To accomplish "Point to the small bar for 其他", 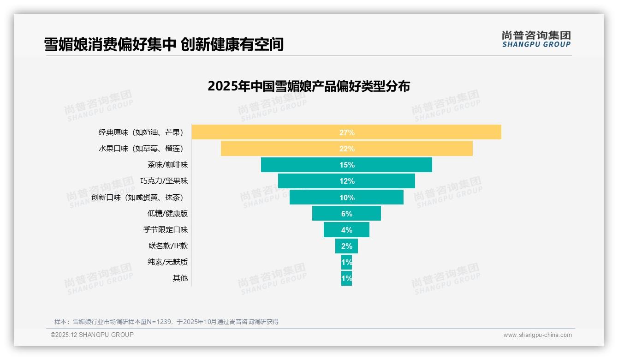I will [x=346, y=278].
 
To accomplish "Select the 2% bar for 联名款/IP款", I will [x=346, y=246].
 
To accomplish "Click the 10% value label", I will [x=347, y=198].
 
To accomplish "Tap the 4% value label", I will [x=347, y=230].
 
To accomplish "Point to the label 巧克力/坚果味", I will [x=164, y=181].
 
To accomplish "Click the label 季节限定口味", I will [x=166, y=230].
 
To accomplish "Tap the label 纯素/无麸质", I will [x=167, y=262].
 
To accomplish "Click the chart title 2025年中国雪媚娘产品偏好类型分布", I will [x=309, y=86].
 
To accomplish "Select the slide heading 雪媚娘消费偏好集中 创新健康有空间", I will [x=164, y=44].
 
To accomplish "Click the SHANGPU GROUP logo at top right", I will [x=536, y=39].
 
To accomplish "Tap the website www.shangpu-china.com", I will [x=537, y=335].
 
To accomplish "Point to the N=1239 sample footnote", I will [x=166, y=322].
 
